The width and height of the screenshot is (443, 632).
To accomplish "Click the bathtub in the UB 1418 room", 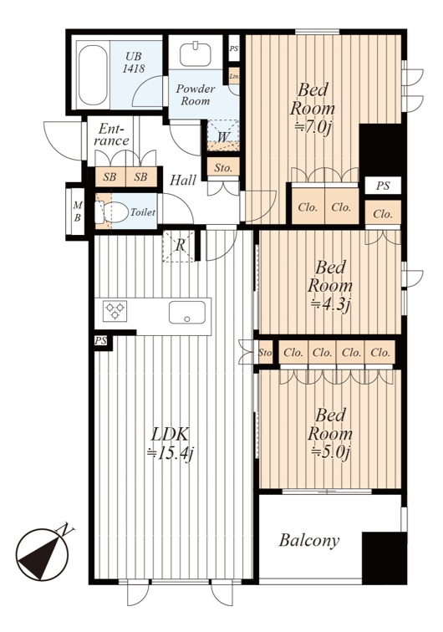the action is pos(93,75).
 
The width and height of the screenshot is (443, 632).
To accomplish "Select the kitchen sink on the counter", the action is pos(187,312).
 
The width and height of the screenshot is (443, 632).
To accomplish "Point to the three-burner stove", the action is pos(115,311).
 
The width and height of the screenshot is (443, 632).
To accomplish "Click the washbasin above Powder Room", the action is pos(195,54).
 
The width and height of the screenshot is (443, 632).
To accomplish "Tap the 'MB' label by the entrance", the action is pos(78,212).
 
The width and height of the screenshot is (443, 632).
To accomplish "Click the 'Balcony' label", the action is pos(309,540).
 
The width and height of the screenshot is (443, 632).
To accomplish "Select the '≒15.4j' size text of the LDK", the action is pos(170,454).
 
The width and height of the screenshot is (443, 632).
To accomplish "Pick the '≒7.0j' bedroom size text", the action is pos(313,127).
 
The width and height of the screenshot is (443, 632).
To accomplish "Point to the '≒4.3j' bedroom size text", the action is pos(329,304).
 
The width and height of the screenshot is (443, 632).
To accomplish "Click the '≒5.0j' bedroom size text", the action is pos(329,452).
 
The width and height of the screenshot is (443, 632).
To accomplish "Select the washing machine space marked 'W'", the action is pos(223,135).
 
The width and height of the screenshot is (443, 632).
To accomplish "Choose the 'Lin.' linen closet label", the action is pos(234,76).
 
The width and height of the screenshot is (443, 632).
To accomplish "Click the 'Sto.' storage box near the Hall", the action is pos(223,167).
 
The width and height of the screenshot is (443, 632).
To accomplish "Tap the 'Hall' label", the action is pos(182,180).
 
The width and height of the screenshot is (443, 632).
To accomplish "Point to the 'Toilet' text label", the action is pos(142,212).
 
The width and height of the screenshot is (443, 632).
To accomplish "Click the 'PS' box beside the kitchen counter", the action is pos(101,341).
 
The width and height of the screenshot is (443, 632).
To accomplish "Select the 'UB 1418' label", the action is pos(134,63).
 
